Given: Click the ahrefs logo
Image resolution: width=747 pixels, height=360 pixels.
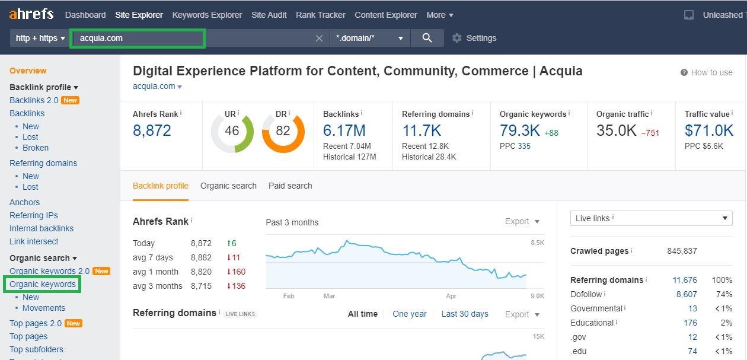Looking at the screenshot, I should (31, 14).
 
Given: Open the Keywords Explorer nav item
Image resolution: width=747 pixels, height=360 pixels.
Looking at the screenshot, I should (207, 15).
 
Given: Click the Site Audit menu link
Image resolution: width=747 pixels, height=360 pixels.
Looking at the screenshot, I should (269, 15).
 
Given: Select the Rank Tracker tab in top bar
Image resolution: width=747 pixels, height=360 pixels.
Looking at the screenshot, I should (321, 15).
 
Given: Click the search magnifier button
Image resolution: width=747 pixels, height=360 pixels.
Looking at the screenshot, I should (427, 38).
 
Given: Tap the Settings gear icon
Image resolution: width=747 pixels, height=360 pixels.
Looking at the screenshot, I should (456, 38).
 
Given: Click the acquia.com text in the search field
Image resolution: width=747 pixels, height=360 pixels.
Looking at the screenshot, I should (101, 38).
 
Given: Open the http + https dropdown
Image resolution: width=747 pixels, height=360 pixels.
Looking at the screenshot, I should (40, 38).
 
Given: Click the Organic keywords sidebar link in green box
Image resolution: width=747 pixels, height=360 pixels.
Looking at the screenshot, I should (43, 284).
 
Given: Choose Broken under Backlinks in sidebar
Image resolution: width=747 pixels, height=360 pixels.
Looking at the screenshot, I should (36, 148).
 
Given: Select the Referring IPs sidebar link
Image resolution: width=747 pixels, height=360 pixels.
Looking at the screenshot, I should (34, 215).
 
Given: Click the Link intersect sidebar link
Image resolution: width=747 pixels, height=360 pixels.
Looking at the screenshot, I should (34, 241).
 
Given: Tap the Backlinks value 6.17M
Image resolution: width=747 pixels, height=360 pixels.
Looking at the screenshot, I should (344, 130).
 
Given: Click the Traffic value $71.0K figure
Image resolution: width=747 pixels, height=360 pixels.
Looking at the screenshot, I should (709, 130).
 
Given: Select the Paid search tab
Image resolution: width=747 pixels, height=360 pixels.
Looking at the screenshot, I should (290, 186).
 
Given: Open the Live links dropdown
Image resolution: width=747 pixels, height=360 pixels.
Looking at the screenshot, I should (651, 218).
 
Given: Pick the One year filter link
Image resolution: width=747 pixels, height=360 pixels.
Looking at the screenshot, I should (409, 314).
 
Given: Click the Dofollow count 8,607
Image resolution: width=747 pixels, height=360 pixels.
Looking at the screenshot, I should (687, 294).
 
